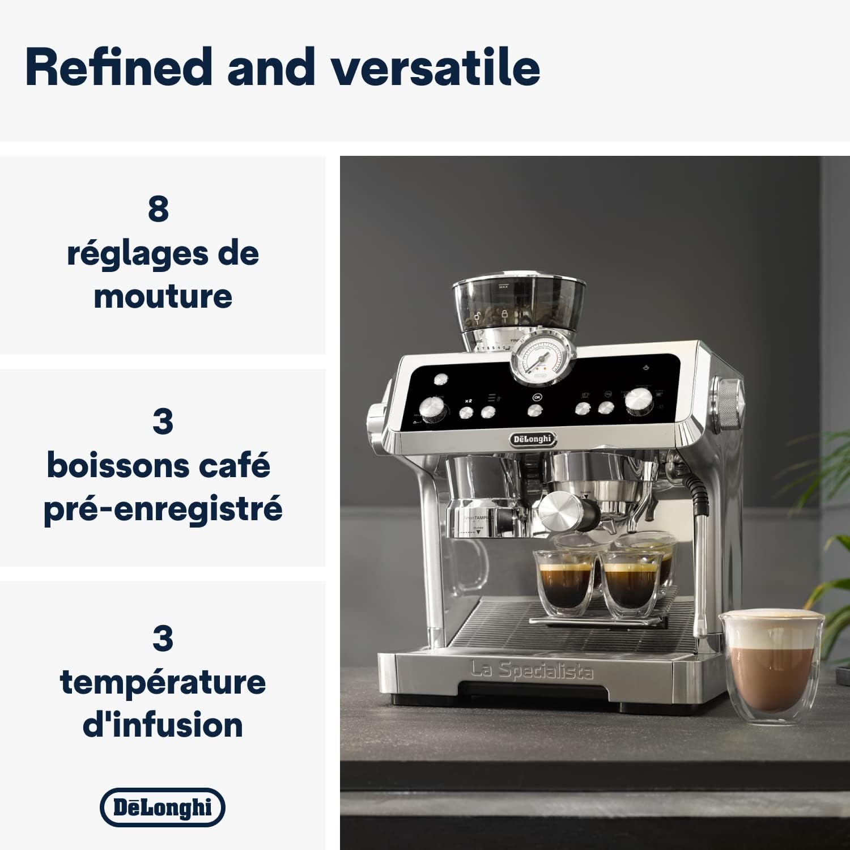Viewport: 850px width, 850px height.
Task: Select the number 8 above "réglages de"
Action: [x=158, y=209]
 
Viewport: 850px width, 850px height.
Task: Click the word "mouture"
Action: [x=163, y=296]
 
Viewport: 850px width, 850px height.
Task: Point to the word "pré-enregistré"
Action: [x=163, y=509]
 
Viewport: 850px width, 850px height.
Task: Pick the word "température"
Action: [x=163, y=682]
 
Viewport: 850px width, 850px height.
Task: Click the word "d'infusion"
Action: [x=163, y=725]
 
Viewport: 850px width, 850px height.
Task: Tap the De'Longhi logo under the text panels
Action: [x=163, y=807]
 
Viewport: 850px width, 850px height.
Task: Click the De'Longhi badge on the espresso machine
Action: [x=532, y=439]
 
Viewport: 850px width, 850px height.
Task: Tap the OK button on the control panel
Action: [x=537, y=397]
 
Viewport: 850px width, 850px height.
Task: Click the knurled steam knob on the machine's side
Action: [x=729, y=403]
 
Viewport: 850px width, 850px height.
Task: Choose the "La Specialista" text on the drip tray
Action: [x=532, y=671]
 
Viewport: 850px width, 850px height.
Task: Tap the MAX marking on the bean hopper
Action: [x=503, y=287]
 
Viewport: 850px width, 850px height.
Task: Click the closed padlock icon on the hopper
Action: [x=504, y=315]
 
